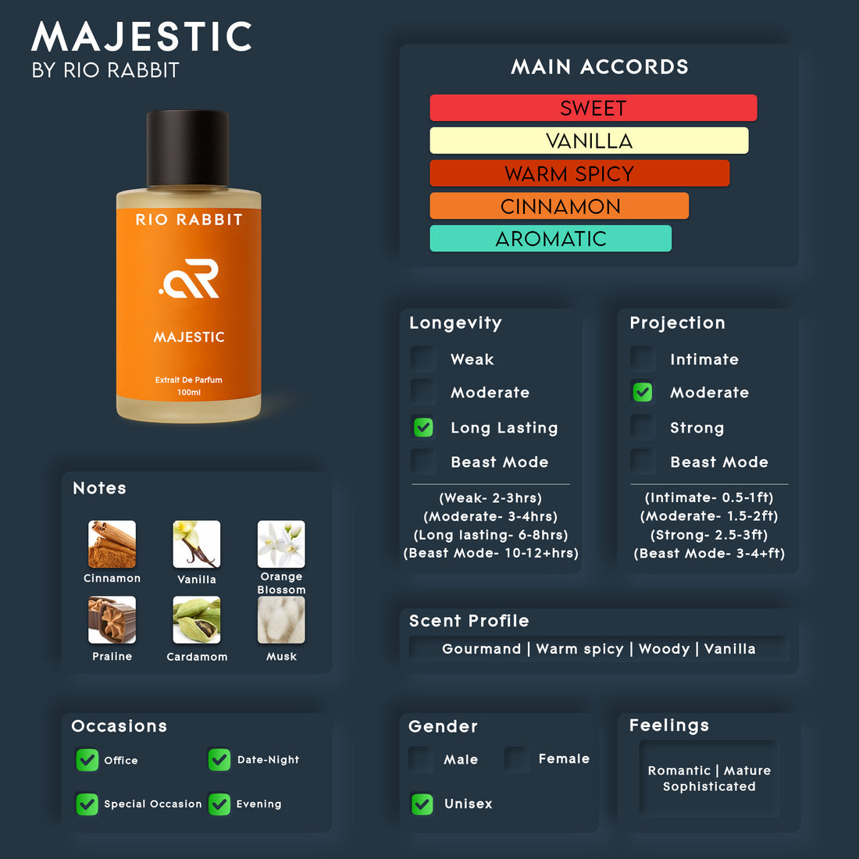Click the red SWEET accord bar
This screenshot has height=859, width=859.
coord(593,108)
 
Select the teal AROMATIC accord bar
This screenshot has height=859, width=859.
coord(551,238)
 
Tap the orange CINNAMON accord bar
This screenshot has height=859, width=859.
coord(559,206)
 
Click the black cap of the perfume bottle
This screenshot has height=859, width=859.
coord(187,148)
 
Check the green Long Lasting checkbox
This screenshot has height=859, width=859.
coord(423,427)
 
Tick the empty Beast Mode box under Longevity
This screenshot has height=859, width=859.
coord(423,462)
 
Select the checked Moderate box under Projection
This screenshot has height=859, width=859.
coord(643,392)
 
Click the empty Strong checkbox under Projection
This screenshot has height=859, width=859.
coord(643,427)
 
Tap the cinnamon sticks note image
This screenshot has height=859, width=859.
coord(112,544)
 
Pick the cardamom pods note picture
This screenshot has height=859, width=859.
coord(197,619)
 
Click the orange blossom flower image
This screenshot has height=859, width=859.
coord(281,544)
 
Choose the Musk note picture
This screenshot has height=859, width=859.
coord(281,619)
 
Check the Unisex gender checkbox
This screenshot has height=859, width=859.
coord(422,804)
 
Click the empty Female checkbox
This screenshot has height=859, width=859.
coord(517,759)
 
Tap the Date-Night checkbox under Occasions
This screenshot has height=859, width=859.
coord(219,759)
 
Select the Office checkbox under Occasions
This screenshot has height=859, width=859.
coord(87,760)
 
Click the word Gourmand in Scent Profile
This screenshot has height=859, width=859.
coord(482,649)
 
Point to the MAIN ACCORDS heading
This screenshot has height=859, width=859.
coord(599,67)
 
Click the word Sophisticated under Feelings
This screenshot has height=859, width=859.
coord(709,786)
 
